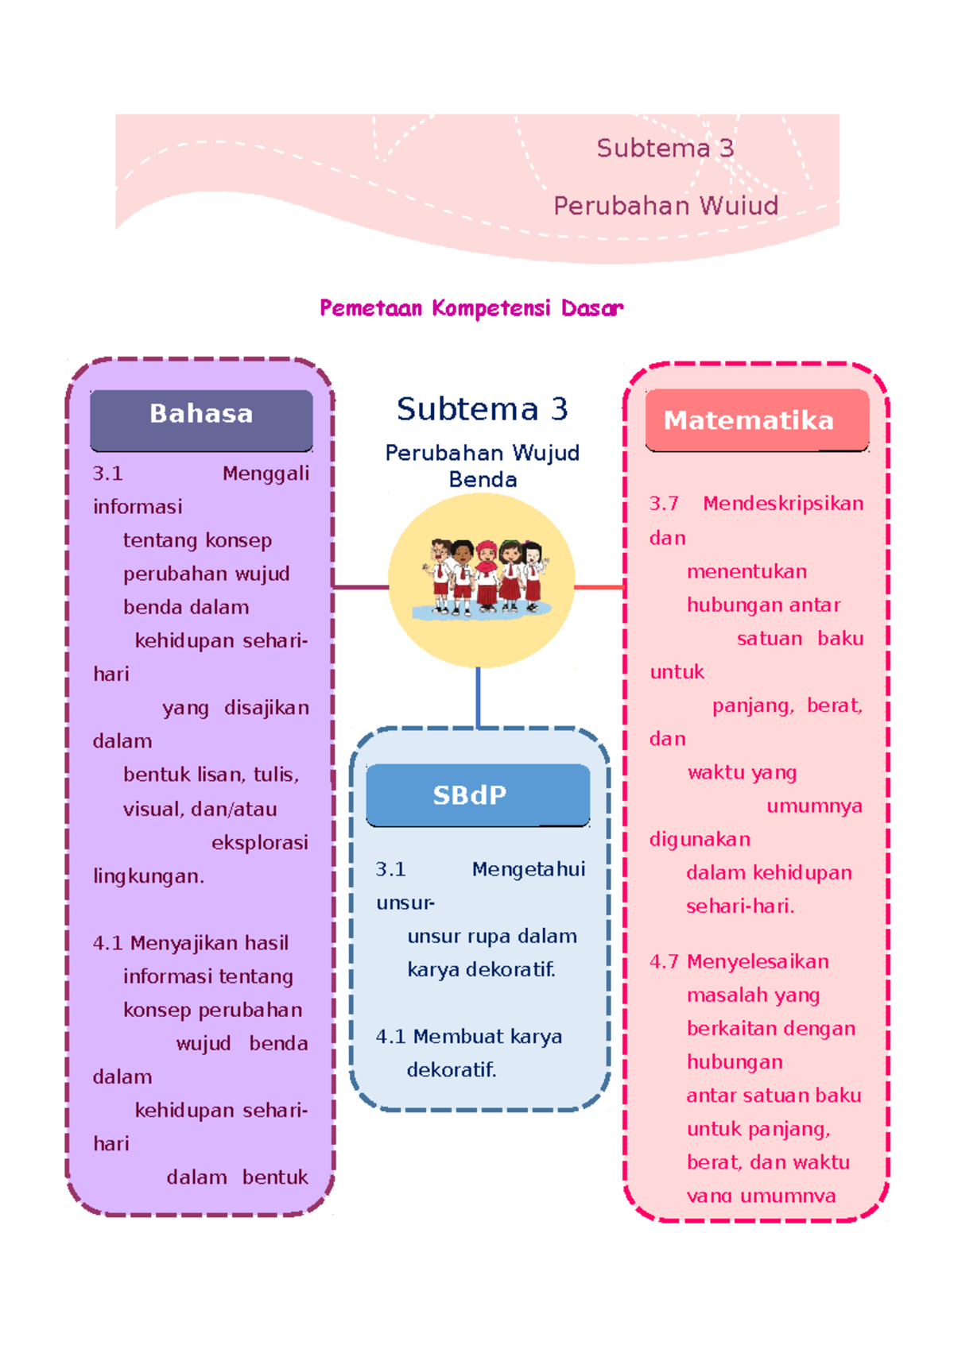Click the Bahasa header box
pyautogui.click(x=201, y=419)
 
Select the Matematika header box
pyautogui.click(x=756, y=419)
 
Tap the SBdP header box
pyautogui.click(x=477, y=794)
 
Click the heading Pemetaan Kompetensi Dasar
pyautogui.click(x=471, y=308)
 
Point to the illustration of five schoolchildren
pyautogui.click(x=482, y=577)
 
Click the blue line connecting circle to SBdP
pyautogui.click(x=478, y=697)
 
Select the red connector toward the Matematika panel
pyautogui.click(x=599, y=587)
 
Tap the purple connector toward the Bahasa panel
pyautogui.click(x=360, y=587)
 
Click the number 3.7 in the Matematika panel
pyautogui.click(x=664, y=504)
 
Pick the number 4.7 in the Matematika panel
pyautogui.click(x=664, y=962)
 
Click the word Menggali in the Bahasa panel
pyautogui.click(x=266, y=474)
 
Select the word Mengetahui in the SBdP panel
pyautogui.click(x=528, y=870)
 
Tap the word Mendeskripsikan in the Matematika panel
pyautogui.click(x=783, y=504)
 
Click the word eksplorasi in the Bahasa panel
pyautogui.click(x=260, y=843)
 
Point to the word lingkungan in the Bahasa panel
pyautogui.click(x=148, y=876)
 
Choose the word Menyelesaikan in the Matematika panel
pyautogui.click(x=758, y=962)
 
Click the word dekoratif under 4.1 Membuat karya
pyautogui.click(x=451, y=1070)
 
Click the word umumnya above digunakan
pyautogui.click(x=814, y=806)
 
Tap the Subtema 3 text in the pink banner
pyautogui.click(x=665, y=149)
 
